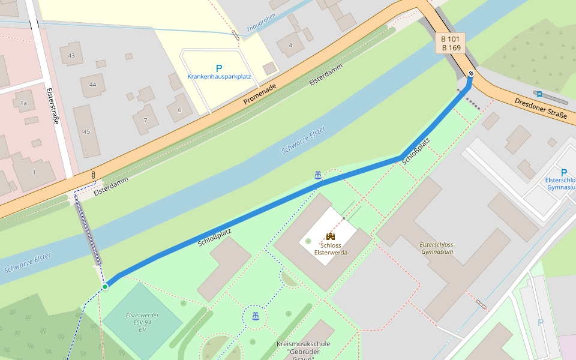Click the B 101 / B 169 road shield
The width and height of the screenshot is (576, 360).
click(x=451, y=43)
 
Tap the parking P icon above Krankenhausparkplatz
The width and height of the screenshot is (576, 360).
click(x=219, y=68)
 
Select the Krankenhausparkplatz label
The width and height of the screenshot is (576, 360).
click(x=219, y=77)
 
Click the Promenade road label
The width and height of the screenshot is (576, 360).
click(x=260, y=95)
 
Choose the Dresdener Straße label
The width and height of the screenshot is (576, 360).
click(x=540, y=107)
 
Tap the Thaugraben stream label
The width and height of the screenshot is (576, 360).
click(x=261, y=23)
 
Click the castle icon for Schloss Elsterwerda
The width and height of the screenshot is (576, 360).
click(x=331, y=236)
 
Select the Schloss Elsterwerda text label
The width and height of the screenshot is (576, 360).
click(x=331, y=249)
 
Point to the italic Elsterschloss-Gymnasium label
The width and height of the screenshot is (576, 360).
click(x=437, y=248)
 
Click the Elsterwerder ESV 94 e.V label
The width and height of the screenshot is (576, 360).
click(x=142, y=323)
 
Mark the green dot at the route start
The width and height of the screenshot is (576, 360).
click(x=105, y=287)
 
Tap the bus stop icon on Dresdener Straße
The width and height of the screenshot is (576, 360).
click(x=539, y=94)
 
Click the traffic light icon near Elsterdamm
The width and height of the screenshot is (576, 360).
click(x=93, y=174)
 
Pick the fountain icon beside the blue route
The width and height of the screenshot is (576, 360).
click(x=317, y=175)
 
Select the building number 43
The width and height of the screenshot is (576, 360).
click(x=71, y=56)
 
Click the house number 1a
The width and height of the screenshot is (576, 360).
click(x=23, y=103)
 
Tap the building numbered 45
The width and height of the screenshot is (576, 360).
click(x=86, y=131)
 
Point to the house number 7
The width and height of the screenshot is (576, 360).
click(x=145, y=121)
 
